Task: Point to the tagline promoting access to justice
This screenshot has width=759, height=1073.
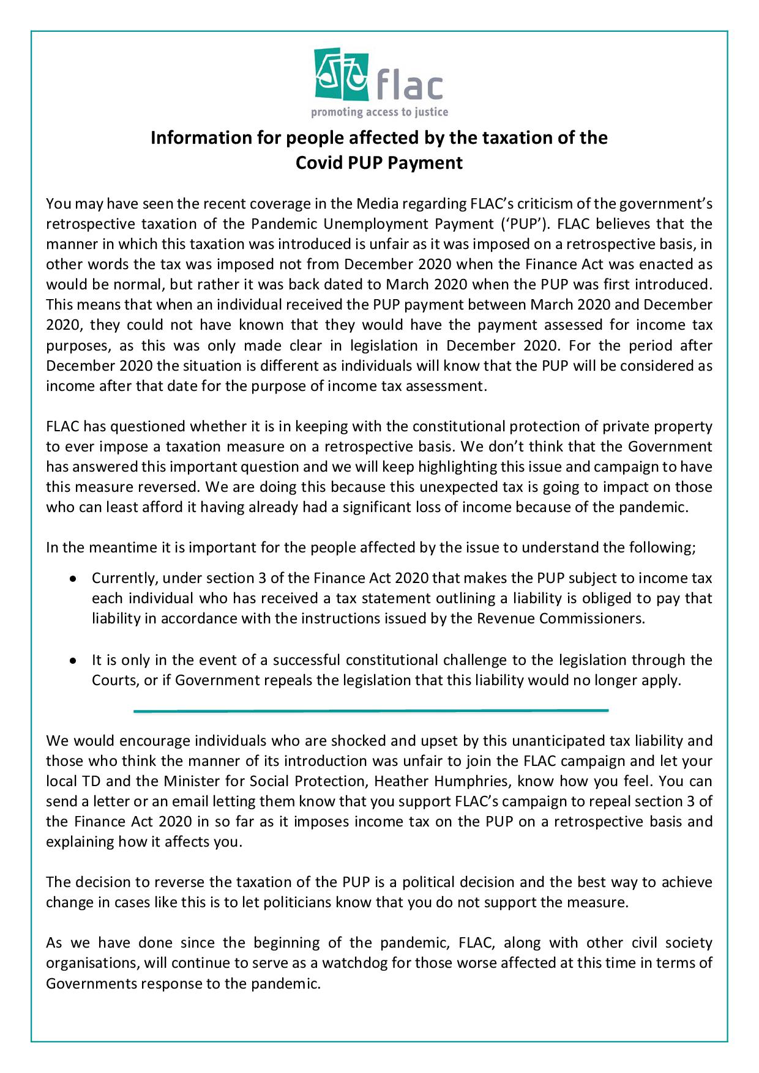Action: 379,112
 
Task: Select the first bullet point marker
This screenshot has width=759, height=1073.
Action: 73,578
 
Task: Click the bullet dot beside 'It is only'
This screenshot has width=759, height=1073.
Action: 73,661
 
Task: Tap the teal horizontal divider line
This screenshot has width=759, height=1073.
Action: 371,711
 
